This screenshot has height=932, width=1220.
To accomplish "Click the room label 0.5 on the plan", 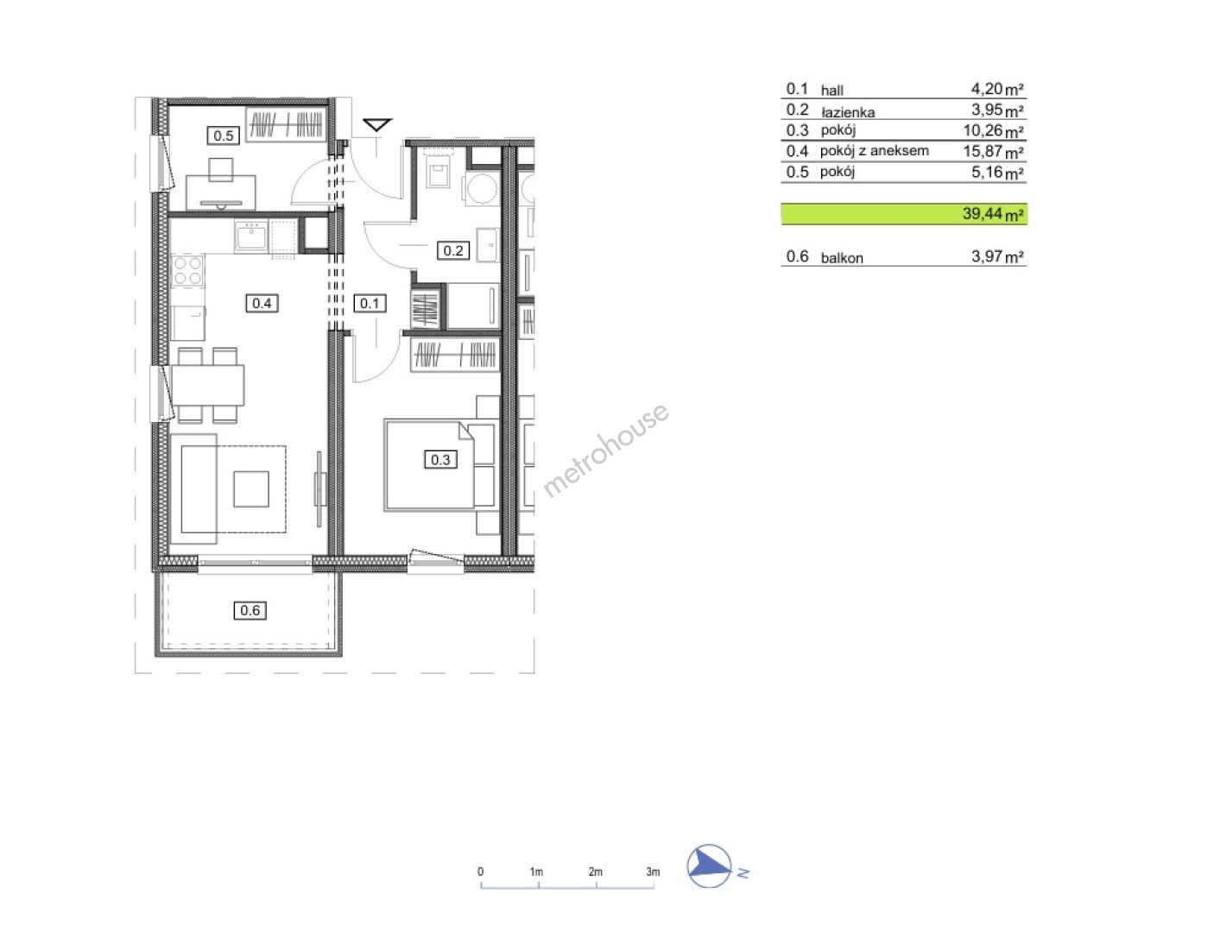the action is tap(223, 135).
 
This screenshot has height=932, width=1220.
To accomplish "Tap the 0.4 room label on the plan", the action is tap(262, 303).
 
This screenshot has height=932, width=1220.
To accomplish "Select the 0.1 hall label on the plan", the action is tap(370, 303).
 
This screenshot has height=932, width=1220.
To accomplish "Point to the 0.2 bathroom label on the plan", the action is tap(453, 250).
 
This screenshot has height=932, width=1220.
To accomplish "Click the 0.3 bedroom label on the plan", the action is tap(440, 460).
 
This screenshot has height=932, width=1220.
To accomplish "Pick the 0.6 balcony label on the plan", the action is tap(250, 611).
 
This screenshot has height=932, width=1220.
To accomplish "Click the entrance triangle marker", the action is tap(377, 125).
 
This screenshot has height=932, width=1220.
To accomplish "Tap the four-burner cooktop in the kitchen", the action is tap(188, 271).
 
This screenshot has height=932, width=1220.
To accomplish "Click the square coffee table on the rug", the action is tap(251, 488).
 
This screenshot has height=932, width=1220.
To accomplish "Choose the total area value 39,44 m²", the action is tap(993, 214).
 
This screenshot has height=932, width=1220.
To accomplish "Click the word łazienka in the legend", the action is tap(848, 112).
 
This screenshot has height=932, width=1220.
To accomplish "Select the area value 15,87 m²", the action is tap(993, 151).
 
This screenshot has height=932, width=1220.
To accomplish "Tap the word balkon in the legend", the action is tap(842, 258).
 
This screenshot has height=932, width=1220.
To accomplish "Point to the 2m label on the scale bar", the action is tap(595, 872).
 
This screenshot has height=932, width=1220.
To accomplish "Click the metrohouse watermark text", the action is tap(605, 450).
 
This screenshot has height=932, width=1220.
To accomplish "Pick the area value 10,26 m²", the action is tap(993, 131).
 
